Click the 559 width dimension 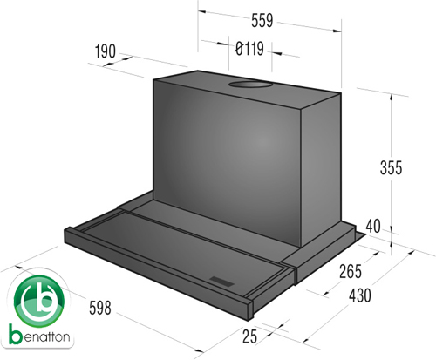262,21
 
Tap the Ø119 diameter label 249,49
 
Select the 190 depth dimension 106,51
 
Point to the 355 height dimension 391,167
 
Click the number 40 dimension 373,226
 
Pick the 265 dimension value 351,272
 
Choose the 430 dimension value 360,295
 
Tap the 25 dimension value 250,336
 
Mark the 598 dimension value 100,308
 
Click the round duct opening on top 250,85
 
